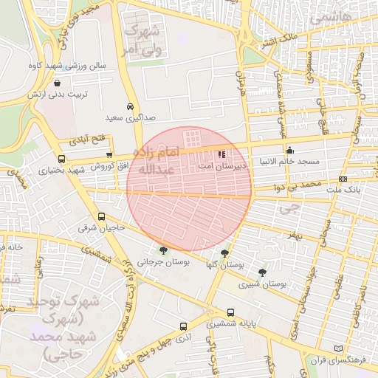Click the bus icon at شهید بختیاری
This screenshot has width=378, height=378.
61,159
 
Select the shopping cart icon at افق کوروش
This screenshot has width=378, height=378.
110,154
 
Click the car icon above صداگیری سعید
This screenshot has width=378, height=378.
131,106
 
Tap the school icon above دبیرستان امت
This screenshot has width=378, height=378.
222,156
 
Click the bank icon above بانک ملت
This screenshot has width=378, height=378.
343,179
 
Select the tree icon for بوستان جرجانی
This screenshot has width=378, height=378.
163,251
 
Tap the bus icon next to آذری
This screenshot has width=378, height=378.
183,326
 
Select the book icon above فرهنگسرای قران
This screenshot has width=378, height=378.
339,348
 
